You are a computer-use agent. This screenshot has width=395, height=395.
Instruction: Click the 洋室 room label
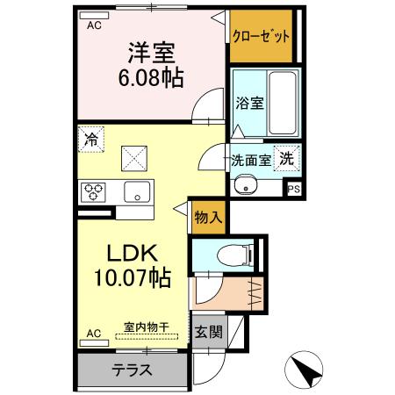point(150,54)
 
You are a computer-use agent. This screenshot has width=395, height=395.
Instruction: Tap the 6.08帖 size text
point(150,79)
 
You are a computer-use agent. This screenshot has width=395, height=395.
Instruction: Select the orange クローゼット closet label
point(260,37)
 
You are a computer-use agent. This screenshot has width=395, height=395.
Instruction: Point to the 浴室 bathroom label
point(249,103)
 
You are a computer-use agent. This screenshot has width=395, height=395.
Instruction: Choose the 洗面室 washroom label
point(250,161)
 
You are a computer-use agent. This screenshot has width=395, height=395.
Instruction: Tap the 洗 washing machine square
point(287,159)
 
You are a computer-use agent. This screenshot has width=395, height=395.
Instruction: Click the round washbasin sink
point(245,184)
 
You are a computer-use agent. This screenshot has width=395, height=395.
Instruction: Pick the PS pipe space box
point(294,187)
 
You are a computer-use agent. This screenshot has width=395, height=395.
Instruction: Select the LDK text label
point(132,254)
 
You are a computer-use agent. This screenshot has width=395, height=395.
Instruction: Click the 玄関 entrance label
point(208,332)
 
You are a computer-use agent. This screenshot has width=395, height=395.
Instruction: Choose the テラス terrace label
point(132,370)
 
